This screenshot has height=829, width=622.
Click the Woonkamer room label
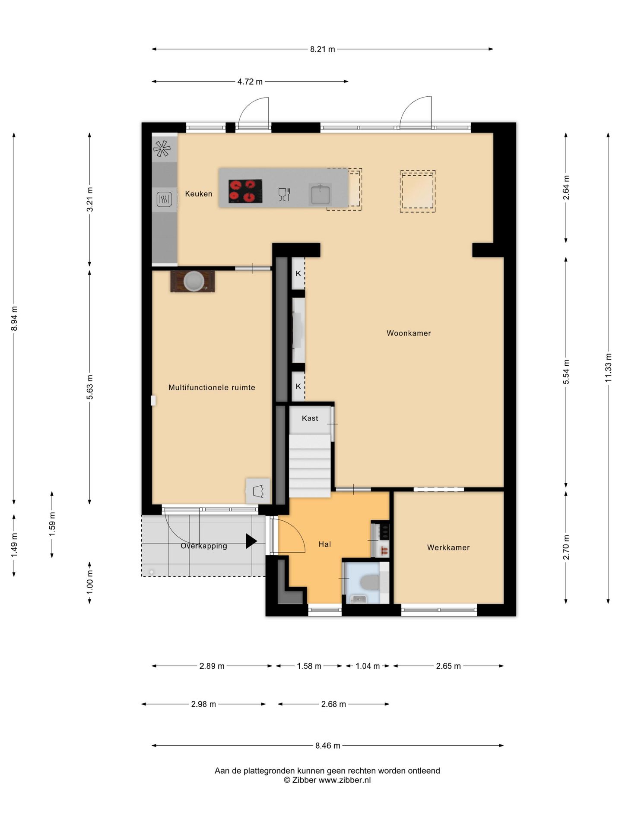409,333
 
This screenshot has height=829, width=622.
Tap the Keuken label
199,194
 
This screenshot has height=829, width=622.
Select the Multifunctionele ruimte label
212,388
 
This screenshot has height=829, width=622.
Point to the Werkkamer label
448,547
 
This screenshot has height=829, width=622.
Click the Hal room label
325,544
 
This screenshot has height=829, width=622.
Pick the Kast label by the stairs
310,418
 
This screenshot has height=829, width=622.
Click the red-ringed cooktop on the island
245,191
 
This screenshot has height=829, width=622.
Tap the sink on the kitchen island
320,194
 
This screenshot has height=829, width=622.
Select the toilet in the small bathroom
370,582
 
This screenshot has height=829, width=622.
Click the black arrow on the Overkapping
251,541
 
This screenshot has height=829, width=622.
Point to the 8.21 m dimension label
323,49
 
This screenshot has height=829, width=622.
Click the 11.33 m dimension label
609,368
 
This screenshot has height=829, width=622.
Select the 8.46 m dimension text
328,746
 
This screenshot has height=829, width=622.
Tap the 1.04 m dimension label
368,666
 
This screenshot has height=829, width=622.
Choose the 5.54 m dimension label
566,372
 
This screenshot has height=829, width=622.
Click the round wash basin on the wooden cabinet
194,281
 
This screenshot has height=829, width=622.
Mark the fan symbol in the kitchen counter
162,149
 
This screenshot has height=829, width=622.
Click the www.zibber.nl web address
345,780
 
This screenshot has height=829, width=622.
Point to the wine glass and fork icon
284,195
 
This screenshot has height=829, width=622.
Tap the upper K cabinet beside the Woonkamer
298,273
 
